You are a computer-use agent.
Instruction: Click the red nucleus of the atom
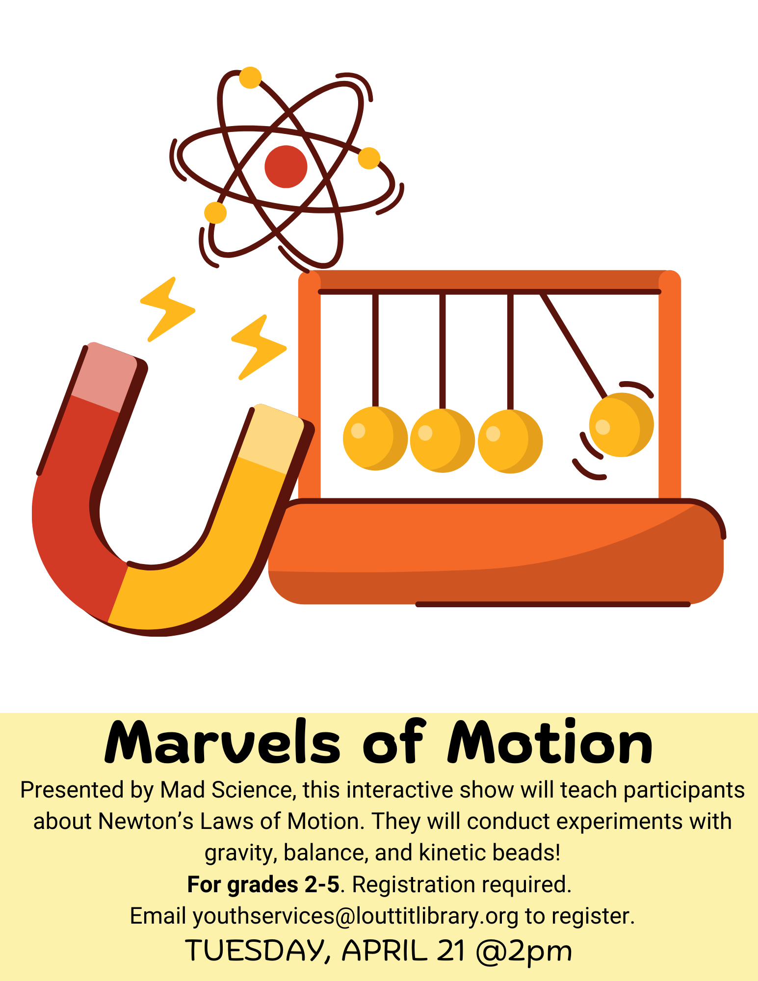pyautogui.click(x=286, y=166)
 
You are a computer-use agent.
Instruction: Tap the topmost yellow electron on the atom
pyautogui.click(x=250, y=77)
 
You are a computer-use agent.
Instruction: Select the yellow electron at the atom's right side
pyautogui.click(x=369, y=158)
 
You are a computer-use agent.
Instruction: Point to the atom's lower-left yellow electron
pyautogui.click(x=215, y=213)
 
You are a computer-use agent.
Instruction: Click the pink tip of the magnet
pyautogui.click(x=105, y=377)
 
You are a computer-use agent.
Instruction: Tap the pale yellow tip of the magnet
pyautogui.click(x=270, y=438)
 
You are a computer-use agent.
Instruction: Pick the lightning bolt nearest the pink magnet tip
pyautogui.click(x=167, y=309)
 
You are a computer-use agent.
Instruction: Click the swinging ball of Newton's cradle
pyautogui.click(x=621, y=425)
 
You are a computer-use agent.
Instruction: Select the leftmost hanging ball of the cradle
pyautogui.click(x=375, y=438)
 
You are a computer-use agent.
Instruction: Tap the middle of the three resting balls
pyautogui.click(x=442, y=440)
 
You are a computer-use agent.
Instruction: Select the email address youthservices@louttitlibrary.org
pyautogui.click(x=355, y=916)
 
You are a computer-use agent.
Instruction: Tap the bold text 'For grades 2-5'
pyautogui.click(x=263, y=884)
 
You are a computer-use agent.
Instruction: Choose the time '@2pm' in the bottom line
pyautogui.click(x=523, y=951)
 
